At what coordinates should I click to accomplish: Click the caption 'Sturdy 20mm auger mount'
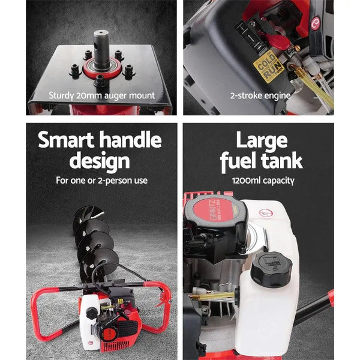101,95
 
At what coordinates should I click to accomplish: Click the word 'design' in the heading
100,161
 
